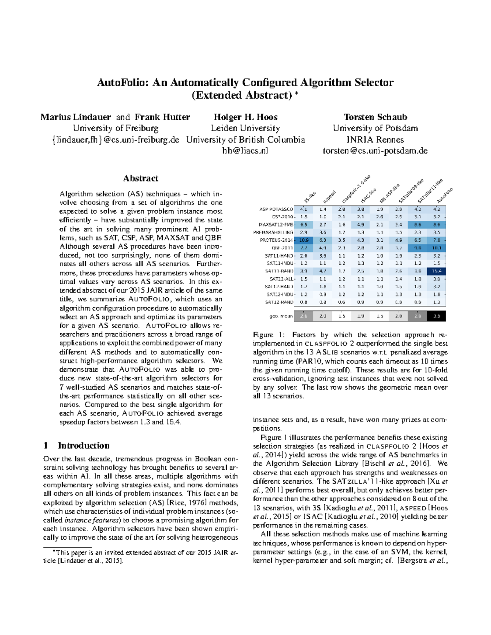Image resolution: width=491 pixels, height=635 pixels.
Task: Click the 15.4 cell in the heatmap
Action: click(437, 271)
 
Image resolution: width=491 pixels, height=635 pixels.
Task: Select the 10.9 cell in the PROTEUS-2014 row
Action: click(304, 240)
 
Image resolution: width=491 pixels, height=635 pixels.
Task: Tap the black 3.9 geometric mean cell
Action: click(437, 316)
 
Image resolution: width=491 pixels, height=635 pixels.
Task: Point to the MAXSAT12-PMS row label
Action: click(276, 224)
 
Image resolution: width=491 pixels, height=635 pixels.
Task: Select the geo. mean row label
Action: click(281, 316)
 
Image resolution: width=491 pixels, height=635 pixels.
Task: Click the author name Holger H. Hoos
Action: click(245, 117)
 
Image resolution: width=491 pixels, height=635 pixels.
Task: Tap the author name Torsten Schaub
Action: click(375, 117)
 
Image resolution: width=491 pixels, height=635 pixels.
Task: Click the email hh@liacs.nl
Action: click(245, 150)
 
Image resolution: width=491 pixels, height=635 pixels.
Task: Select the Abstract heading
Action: click(141, 178)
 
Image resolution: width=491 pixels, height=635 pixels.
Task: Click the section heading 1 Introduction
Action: click(77, 446)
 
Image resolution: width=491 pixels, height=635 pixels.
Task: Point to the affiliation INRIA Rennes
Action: click(375, 139)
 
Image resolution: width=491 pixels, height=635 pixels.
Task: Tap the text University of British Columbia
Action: click(245, 139)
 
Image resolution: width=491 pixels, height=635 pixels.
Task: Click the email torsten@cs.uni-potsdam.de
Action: click(375, 150)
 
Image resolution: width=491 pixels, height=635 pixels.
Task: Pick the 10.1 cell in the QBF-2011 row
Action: click(437, 248)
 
